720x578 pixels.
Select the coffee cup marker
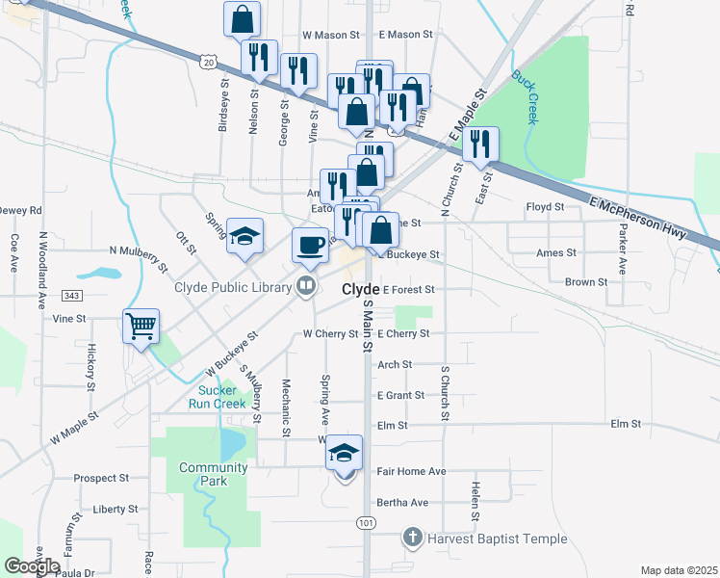(x=310, y=245)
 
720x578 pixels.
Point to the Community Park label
(x=213, y=474)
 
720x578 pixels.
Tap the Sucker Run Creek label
(x=222, y=397)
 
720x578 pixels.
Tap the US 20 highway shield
(x=209, y=61)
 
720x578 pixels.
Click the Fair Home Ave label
(x=411, y=471)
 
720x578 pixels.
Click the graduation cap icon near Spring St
(x=244, y=235)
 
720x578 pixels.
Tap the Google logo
(x=32, y=567)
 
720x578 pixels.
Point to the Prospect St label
(x=103, y=478)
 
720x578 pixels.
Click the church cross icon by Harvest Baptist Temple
(x=412, y=538)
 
